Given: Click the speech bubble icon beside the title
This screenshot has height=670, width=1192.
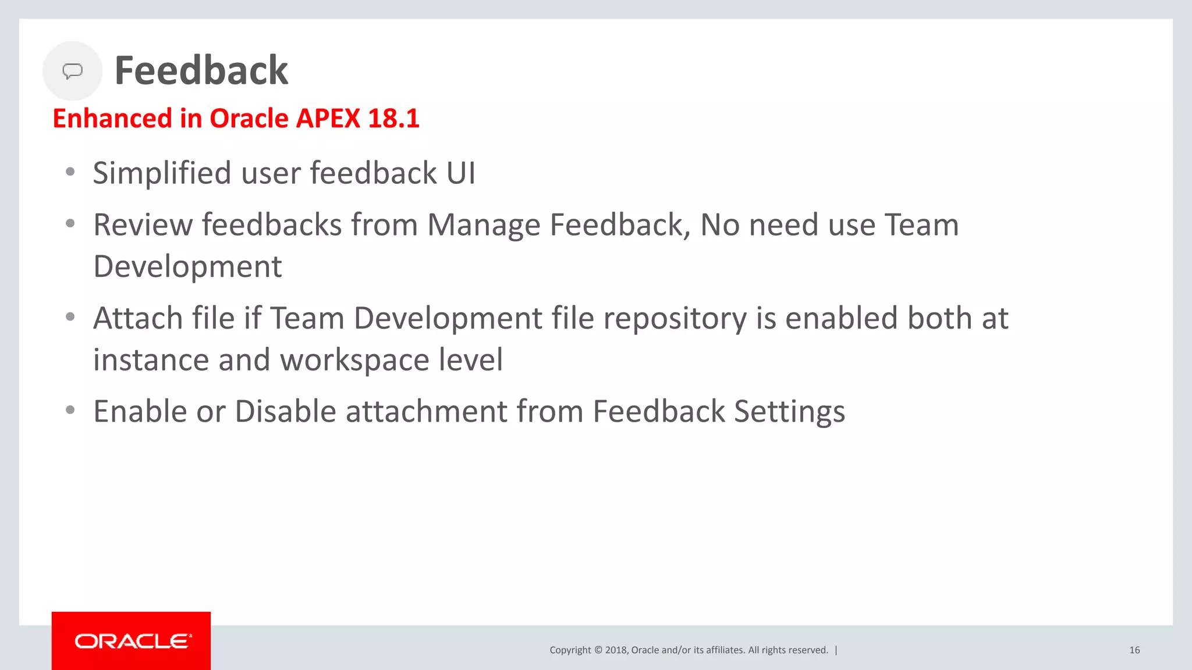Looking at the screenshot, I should pyautogui.click(x=72, y=71).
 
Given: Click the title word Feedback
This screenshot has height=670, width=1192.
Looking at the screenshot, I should pyautogui.click(x=201, y=71).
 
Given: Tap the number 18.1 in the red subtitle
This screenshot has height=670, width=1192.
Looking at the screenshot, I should pyautogui.click(x=393, y=119).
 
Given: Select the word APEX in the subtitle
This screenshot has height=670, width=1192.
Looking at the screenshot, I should pyautogui.click(x=328, y=119).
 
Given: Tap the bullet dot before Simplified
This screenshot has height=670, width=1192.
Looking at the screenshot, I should pyautogui.click(x=70, y=172).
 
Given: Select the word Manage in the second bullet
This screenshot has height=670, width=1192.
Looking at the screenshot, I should pyautogui.click(x=484, y=225).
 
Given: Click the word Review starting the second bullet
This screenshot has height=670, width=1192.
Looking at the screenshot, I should pyautogui.click(x=143, y=225).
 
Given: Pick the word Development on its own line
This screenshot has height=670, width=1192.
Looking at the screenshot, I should pyautogui.click(x=187, y=267).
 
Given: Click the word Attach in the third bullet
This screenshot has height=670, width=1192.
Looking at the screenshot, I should pyautogui.click(x=138, y=319).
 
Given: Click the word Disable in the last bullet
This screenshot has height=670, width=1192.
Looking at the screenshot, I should pyautogui.click(x=285, y=412).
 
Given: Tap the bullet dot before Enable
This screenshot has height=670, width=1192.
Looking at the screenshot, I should pyautogui.click(x=70, y=411).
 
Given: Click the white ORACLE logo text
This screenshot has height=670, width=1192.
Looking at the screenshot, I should pyautogui.click(x=132, y=641).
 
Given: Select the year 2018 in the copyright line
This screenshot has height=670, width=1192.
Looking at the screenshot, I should pyautogui.click(x=616, y=650).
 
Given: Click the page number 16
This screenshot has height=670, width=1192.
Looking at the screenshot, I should pyautogui.click(x=1134, y=650).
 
